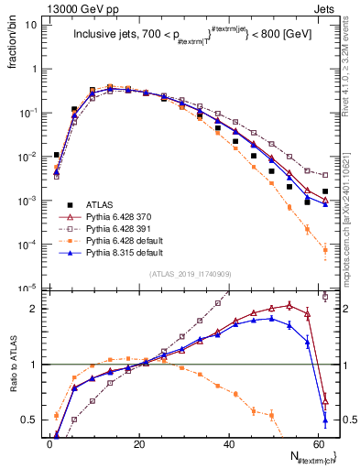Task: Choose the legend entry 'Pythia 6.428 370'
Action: pos(116,216)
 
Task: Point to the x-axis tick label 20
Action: pos(138,442)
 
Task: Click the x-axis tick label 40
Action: pos(227,442)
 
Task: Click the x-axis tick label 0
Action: pos(49,442)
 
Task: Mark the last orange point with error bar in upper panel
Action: pos(325,249)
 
